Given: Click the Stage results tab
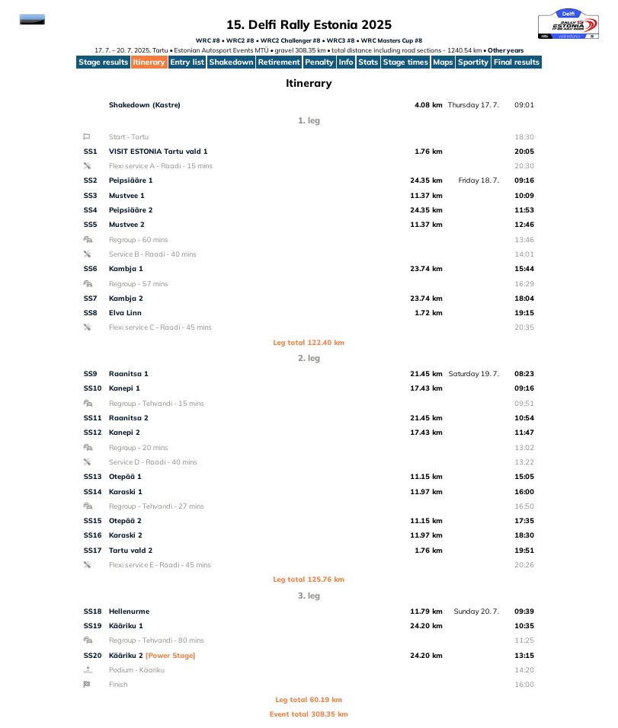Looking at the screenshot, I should (x=103, y=62).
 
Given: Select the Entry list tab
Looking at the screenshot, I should (x=187, y=62).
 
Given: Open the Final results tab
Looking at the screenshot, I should (x=516, y=62).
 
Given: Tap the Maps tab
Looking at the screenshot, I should (x=442, y=62).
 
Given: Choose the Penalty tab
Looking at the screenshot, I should (x=319, y=62).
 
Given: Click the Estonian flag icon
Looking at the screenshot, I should (x=32, y=20).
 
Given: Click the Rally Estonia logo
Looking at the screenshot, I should (x=568, y=24).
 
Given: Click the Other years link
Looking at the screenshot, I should (x=505, y=50).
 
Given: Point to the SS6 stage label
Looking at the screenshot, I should (x=90, y=269).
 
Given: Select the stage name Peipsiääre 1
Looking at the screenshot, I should (x=130, y=180).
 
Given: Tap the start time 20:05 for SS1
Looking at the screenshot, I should (x=524, y=152).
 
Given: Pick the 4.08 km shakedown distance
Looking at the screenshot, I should (x=428, y=105).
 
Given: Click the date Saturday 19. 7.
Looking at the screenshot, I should (x=473, y=374).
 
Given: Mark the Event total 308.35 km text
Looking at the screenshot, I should (x=309, y=714).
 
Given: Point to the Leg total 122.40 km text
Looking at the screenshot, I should (x=309, y=343).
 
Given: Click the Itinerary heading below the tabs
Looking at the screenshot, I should (x=309, y=84).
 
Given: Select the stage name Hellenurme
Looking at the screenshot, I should (x=129, y=611).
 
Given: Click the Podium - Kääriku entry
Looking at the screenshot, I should (x=136, y=670).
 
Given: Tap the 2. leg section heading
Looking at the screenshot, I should (x=309, y=358).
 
